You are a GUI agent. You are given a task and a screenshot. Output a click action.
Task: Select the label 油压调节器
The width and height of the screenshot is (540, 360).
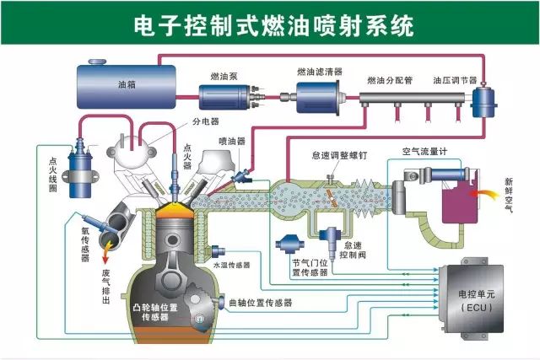455,81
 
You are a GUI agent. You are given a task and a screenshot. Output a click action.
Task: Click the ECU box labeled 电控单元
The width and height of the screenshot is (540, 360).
467,299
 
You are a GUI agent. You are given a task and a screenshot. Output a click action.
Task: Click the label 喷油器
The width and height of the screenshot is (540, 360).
231,142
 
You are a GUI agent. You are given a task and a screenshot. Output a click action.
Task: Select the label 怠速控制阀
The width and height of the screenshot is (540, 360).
359,249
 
